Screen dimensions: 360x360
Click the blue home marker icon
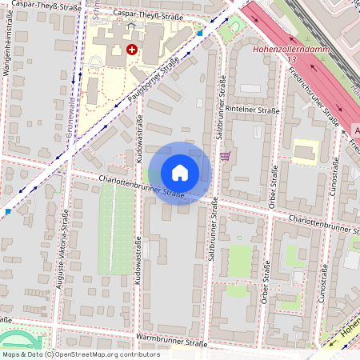180,173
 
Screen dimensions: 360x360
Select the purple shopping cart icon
226,155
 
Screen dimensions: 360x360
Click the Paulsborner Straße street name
146,88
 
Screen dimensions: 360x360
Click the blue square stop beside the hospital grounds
199,34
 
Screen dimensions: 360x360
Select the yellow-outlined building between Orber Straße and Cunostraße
306,152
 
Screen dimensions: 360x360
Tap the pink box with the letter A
356,130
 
